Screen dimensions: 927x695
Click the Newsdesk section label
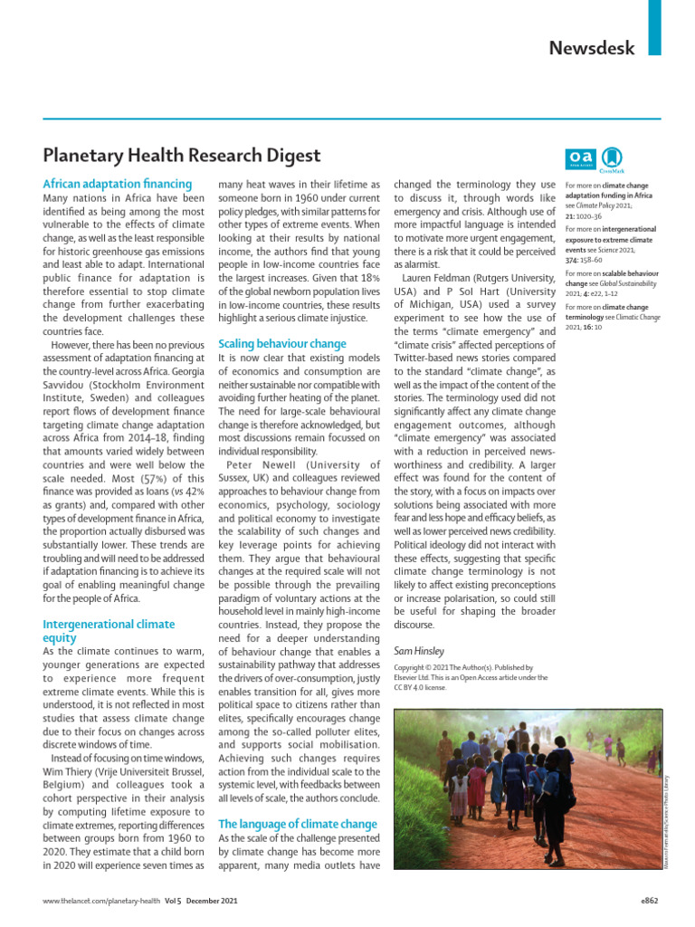[592, 48]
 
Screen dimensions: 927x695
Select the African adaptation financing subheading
[118, 183]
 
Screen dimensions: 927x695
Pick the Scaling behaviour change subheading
[282, 343]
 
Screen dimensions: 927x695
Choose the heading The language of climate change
[298, 824]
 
